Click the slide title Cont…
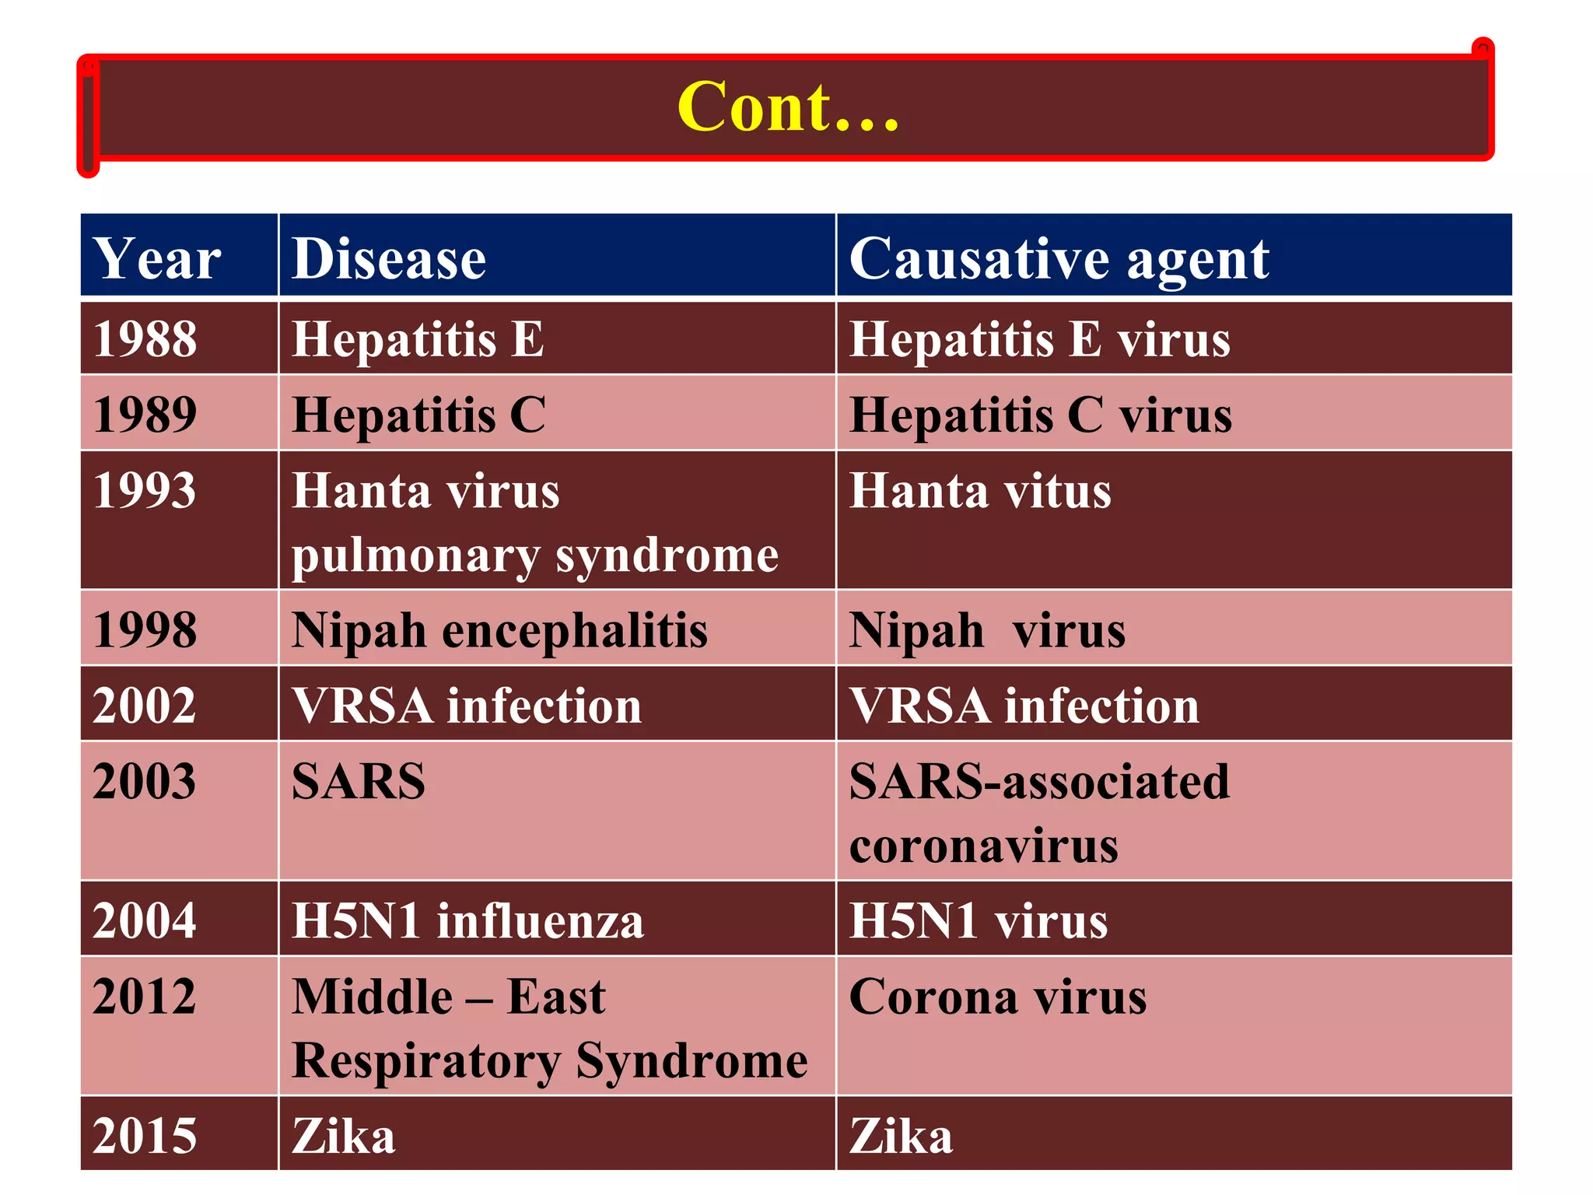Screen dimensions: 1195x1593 (x=788, y=107)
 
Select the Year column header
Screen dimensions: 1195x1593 (x=157, y=258)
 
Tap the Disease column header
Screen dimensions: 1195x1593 (x=389, y=258)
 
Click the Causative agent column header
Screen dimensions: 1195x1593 (x=1059, y=258)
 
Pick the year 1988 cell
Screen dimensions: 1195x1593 (x=145, y=339)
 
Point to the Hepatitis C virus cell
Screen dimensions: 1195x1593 (x=1041, y=414)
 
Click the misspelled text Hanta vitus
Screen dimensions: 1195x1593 (x=980, y=491)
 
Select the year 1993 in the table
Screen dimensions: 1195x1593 (x=145, y=491)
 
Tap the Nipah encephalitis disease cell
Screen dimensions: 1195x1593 (x=499, y=629)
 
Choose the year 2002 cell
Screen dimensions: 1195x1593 (x=145, y=706)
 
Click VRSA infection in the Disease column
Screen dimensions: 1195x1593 (x=467, y=706)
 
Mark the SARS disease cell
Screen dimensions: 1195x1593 (x=359, y=781)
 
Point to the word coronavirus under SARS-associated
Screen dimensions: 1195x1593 (x=984, y=846)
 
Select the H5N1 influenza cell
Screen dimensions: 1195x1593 (x=467, y=920)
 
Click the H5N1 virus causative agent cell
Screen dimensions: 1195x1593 (x=979, y=920)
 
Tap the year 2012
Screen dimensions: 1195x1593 (x=145, y=997)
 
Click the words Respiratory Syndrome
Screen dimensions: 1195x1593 (x=550, y=1060)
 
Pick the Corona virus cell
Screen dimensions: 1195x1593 (x=998, y=997)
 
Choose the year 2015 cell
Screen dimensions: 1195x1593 (x=145, y=1136)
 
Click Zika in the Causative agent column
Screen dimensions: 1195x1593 (x=901, y=1136)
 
